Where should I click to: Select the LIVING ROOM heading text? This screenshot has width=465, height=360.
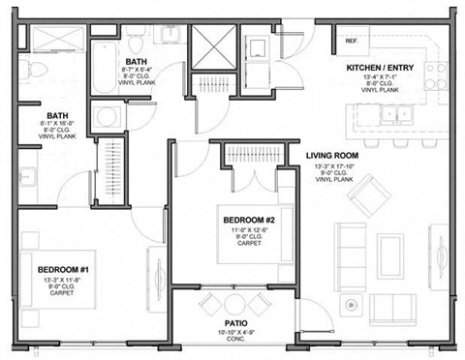click(x=333, y=155)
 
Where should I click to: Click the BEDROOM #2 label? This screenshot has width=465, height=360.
click(x=250, y=220)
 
